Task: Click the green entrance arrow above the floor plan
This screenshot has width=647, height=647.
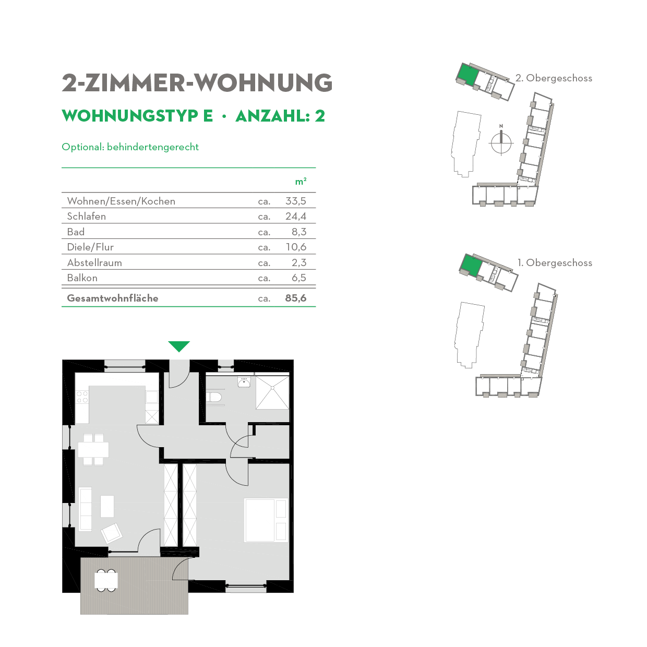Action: (x=179, y=346)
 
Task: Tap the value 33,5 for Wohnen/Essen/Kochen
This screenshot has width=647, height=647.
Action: (x=296, y=201)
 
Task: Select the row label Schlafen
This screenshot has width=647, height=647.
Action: (x=87, y=216)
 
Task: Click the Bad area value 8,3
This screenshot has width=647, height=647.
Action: (x=299, y=232)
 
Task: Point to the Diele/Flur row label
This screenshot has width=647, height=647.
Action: (x=90, y=247)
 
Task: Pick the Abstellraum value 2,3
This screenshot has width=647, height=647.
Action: (x=299, y=262)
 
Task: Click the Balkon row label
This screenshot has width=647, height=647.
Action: (x=82, y=278)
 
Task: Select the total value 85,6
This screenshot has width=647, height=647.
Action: (x=296, y=298)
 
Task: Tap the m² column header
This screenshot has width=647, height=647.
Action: (x=301, y=181)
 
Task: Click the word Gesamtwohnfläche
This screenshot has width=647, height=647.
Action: (x=113, y=298)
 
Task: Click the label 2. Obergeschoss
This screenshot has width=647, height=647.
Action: (x=554, y=78)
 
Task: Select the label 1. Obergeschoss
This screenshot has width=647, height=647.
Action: (x=555, y=262)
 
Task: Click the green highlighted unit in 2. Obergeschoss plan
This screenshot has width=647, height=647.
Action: (x=468, y=75)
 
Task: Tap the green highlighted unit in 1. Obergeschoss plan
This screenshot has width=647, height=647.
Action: (x=471, y=265)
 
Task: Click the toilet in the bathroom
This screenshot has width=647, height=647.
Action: (x=214, y=398)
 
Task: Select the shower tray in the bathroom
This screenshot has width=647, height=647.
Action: (x=272, y=392)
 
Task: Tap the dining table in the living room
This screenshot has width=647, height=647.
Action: (x=93, y=449)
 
